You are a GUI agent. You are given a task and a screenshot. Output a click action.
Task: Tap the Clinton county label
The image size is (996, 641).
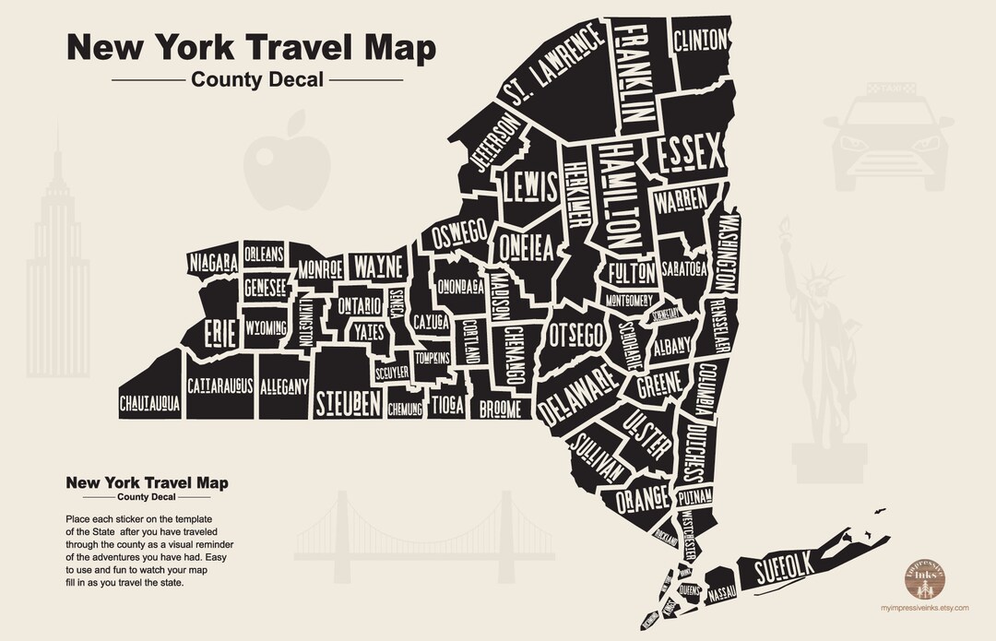[701, 41]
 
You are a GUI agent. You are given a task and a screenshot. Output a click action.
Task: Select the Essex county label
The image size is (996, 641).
[690, 155]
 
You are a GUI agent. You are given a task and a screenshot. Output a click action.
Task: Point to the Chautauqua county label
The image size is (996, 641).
[149, 403]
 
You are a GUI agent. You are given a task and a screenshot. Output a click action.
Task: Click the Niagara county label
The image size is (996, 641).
[214, 262]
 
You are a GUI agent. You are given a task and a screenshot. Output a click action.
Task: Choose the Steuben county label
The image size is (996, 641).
[348, 403]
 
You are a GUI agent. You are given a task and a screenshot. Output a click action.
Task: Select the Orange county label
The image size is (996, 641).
[642, 499]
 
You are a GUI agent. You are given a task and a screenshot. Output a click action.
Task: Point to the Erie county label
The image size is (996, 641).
[219, 333]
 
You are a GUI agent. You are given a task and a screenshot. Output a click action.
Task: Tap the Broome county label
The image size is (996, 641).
[499, 408]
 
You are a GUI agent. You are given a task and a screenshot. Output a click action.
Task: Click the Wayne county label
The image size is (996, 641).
[379, 267]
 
